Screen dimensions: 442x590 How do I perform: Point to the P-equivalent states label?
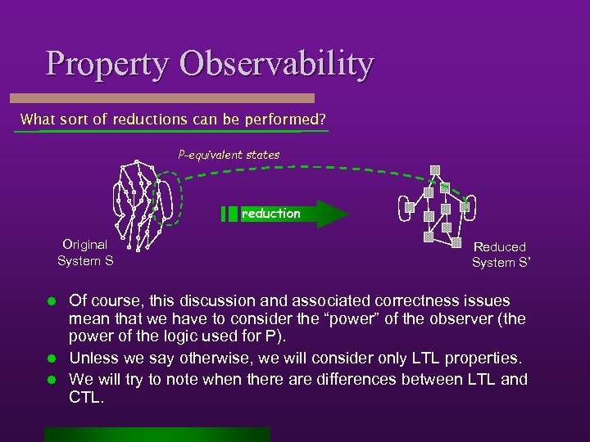point(229,154)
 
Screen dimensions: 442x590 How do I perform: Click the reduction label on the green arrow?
point(270,214)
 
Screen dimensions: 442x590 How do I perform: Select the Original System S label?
point(85,252)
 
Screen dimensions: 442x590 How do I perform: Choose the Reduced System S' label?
point(498,255)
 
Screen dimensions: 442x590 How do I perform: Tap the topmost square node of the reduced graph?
point(436,170)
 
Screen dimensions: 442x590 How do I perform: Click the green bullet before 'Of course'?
point(50,302)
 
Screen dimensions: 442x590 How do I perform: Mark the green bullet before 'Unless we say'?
point(50,358)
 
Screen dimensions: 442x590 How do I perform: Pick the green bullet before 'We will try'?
point(50,379)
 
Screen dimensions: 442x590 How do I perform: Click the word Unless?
point(92,358)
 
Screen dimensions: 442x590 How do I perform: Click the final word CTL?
point(86,397)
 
